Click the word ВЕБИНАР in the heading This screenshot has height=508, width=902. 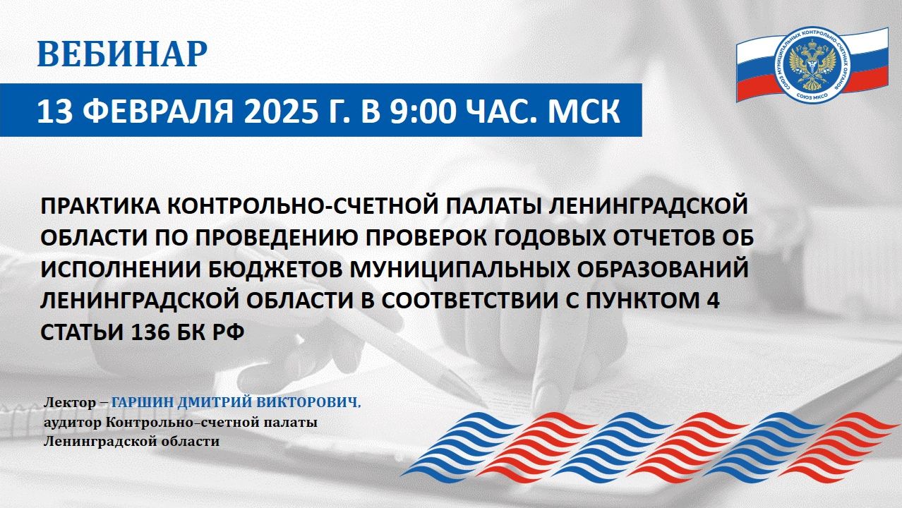pyautogui.click(x=122, y=54)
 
